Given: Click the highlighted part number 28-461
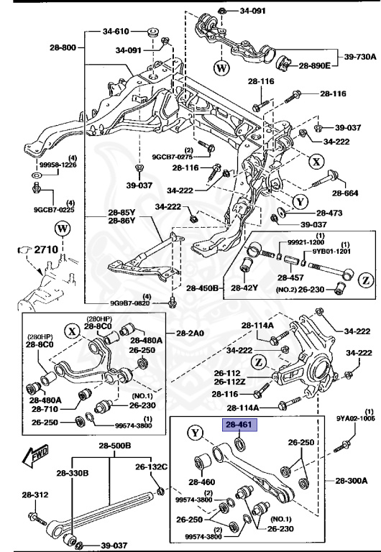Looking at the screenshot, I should (239, 425).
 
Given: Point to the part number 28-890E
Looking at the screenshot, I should (314, 65).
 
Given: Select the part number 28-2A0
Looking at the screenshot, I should (190, 333).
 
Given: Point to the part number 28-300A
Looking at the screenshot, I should (351, 479).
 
